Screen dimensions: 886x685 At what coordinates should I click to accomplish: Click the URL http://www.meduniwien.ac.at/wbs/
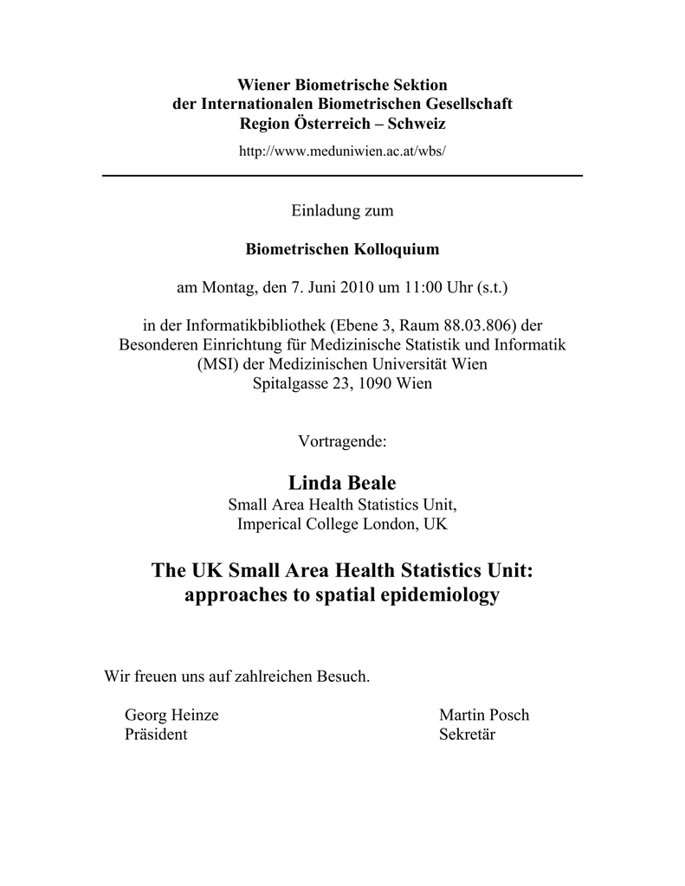342,150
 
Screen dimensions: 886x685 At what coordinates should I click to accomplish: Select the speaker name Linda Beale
342,483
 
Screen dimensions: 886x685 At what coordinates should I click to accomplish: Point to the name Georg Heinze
171,716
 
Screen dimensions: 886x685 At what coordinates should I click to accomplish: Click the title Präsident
156,735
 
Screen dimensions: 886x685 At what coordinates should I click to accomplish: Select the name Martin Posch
484,716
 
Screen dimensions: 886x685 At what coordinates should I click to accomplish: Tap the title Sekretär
468,735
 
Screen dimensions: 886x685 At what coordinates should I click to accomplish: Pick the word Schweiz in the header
418,124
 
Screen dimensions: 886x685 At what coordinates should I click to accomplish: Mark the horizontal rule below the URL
342,176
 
